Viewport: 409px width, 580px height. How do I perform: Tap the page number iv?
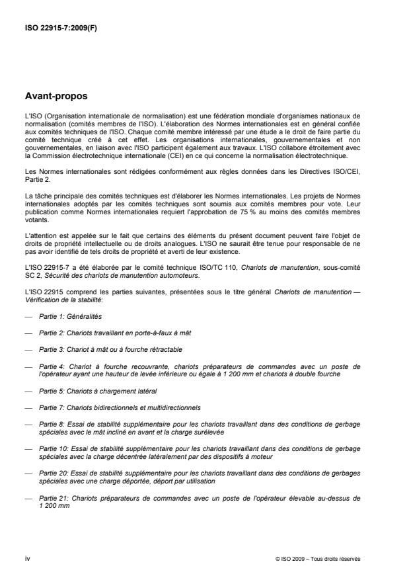(x=27, y=558)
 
